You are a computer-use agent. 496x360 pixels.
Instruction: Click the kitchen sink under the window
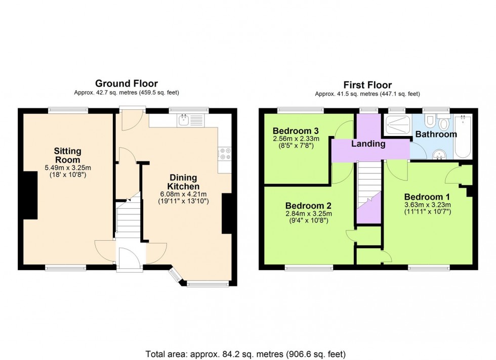tap(190, 120)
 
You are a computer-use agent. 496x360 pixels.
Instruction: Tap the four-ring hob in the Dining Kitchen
tap(225, 153)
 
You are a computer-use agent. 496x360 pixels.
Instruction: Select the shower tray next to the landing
tap(396, 124)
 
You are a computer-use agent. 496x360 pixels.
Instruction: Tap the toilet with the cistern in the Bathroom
tap(444, 123)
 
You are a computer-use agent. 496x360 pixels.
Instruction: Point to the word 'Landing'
tap(368, 144)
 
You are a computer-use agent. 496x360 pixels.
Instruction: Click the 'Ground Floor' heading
tap(126, 83)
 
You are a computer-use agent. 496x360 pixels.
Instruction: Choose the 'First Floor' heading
tap(367, 85)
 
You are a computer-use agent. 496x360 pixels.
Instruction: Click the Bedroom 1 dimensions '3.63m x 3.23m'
tap(427, 205)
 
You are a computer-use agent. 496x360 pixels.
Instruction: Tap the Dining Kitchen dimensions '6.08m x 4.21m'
tap(183, 194)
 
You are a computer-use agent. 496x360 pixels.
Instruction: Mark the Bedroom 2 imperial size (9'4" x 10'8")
tap(308, 221)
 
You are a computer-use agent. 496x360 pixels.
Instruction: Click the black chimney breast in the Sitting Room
tap(30, 195)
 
